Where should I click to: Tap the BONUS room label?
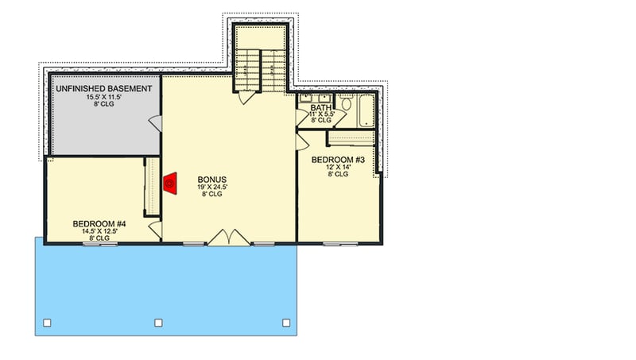coord(212,180)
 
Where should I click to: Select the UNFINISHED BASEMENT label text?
coord(103,89)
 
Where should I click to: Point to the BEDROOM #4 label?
coord(99,224)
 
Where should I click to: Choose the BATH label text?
coord(320,107)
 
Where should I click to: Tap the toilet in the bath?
coord(345,104)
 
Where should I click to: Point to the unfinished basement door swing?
coord(153,122)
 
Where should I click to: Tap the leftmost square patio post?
coord(47,323)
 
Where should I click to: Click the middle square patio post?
coord(158,323)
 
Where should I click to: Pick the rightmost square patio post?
coord(285,323)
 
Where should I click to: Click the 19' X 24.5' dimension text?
coord(212,188)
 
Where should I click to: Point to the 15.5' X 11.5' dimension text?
coord(103,97)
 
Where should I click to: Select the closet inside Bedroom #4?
coord(147,187)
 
